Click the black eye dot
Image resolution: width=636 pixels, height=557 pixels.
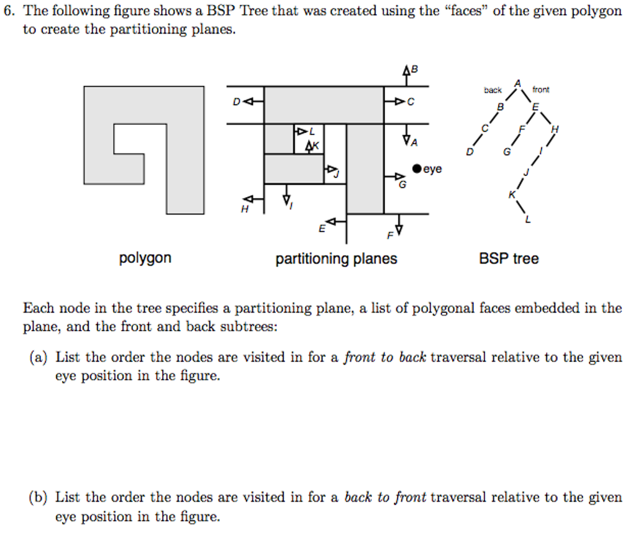tap(417, 168)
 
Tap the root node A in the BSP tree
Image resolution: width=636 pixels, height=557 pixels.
tap(517, 83)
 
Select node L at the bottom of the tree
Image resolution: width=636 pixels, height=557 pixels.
tap(528, 219)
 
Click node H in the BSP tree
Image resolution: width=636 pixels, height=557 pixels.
tap(555, 129)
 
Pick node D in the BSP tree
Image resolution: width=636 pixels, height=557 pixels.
tap(470, 152)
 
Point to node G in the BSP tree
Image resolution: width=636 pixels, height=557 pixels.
tap(507, 152)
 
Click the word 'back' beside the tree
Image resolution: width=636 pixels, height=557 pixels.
tap(493, 90)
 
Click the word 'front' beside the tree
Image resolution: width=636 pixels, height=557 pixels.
tap(540, 90)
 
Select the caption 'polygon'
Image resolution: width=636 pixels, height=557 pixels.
tap(145, 258)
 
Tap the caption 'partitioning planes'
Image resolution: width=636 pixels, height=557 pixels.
tap(336, 259)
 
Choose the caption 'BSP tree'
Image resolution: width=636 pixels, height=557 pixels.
tap(509, 259)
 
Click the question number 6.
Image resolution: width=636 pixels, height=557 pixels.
tap(8, 11)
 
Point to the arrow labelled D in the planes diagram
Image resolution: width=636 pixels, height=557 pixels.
tap(254, 102)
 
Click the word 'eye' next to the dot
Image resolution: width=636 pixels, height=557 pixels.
tap(433, 168)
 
